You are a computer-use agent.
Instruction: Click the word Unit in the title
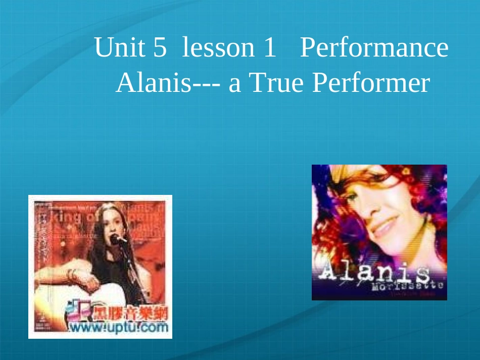tap(119, 48)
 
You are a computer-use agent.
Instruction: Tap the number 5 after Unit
tap(159, 48)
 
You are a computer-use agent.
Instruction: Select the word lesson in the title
tap(218, 48)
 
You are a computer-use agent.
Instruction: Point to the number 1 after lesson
tap(269, 48)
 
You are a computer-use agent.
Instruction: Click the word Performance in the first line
tap(374, 48)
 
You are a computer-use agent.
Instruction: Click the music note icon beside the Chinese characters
tap(78, 311)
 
